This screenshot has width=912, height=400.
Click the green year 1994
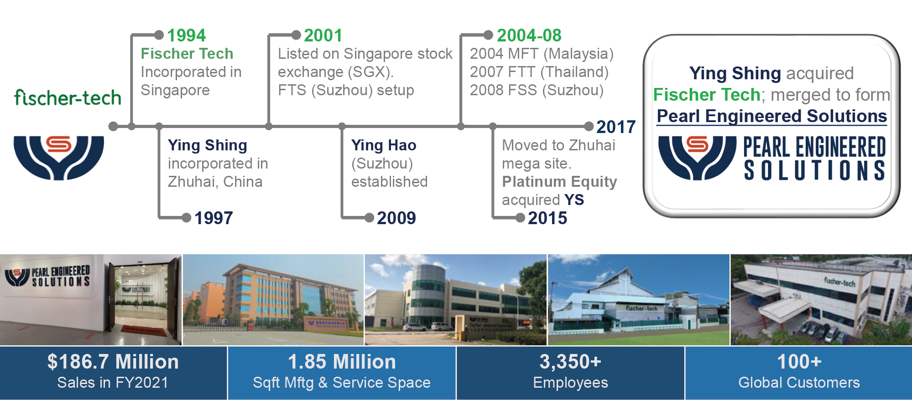point(186,35)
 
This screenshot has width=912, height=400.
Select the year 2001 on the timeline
point(323,35)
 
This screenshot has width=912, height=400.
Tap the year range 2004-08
point(529,35)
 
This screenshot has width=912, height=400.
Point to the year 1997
point(214,218)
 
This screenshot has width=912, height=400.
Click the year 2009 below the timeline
point(396,218)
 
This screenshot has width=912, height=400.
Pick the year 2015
point(547,218)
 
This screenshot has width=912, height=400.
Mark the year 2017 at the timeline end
point(616,127)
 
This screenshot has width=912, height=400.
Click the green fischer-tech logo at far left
point(68,97)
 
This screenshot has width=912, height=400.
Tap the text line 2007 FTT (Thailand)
point(539,72)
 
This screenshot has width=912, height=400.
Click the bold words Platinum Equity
point(559,182)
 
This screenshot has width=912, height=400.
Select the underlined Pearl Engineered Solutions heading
point(772,116)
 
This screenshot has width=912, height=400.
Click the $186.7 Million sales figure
point(113,362)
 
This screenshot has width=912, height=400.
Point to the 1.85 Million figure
point(342,362)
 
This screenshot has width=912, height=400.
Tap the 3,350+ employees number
point(570,362)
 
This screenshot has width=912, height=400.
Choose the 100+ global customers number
point(799,362)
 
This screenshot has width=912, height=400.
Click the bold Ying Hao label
point(384,145)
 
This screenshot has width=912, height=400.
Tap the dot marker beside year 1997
point(186,218)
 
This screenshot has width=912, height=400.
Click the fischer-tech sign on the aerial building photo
point(839,282)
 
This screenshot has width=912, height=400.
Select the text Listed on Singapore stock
point(365,54)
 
